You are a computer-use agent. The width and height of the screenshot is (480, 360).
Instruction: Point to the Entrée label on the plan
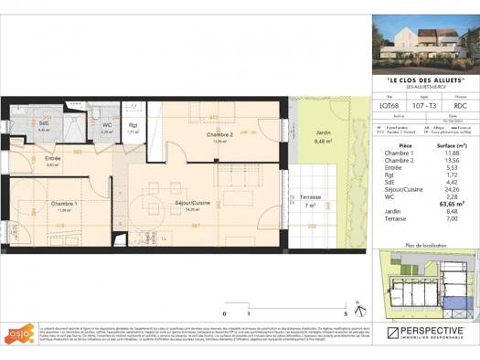pos(53,158)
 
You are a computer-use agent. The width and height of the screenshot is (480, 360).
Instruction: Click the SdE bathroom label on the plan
pos(43,124)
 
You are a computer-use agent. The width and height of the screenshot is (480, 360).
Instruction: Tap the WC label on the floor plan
pos(107,125)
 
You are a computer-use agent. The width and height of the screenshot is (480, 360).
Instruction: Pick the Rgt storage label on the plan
pos(133,126)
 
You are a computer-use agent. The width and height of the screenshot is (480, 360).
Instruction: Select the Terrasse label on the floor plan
pos(310,198)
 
